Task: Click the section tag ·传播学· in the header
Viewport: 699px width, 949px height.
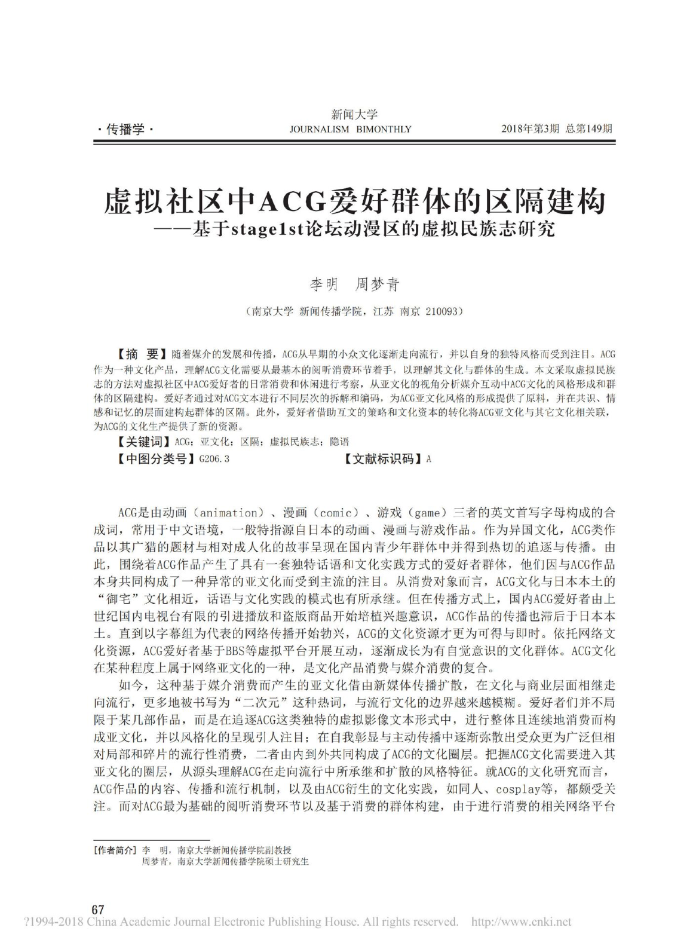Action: tap(124, 129)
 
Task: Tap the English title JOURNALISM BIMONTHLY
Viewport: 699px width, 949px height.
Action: tap(350, 129)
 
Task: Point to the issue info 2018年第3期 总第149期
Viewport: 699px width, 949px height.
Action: tap(557, 129)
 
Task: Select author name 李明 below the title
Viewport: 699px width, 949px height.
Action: tap(324, 285)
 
